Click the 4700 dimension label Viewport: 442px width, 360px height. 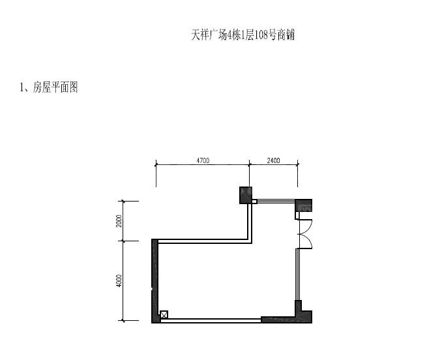203,160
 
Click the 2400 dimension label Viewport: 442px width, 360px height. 273,160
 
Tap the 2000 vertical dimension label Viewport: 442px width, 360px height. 119,221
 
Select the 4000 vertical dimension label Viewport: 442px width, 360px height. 119,281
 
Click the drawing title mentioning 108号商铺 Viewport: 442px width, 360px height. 243,35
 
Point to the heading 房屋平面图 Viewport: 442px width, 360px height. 55,87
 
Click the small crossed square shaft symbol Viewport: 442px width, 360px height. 164,314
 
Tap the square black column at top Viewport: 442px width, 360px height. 246,195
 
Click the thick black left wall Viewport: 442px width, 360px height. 155,281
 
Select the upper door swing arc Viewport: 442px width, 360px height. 308,226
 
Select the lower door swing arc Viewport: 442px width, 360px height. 308,241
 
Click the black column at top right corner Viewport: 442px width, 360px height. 304,205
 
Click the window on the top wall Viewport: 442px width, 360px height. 276,202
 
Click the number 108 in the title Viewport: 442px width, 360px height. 261,35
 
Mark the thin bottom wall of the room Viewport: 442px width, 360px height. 211,320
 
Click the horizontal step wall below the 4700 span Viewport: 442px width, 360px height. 205,241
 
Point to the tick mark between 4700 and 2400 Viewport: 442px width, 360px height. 249,164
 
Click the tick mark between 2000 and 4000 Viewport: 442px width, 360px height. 123,241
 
